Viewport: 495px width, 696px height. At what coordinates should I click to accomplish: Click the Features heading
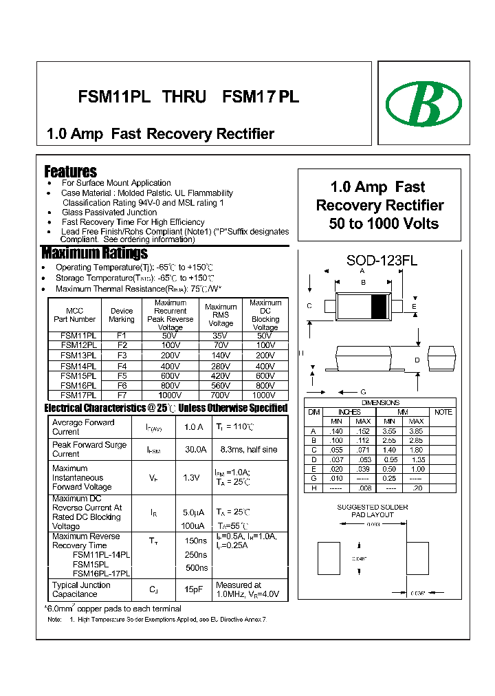pyautogui.click(x=70, y=171)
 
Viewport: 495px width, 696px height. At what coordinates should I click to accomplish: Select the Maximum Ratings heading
pyautogui.click(x=94, y=252)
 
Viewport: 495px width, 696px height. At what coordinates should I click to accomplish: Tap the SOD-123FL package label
pyautogui.click(x=382, y=261)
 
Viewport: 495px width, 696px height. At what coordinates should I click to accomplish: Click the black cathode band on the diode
pyautogui.click(x=379, y=305)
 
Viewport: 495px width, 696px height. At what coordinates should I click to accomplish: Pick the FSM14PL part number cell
pyautogui.click(x=78, y=367)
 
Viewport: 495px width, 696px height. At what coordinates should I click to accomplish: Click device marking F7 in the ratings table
pyautogui.click(x=122, y=395)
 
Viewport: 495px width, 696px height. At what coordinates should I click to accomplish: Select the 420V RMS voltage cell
pyautogui.click(x=221, y=376)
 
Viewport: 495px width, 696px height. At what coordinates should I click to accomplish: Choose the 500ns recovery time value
pyautogui.click(x=197, y=568)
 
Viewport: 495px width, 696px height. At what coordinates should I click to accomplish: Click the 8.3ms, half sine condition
pyautogui.click(x=250, y=449)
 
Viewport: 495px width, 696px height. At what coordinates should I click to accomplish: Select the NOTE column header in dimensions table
pyautogui.click(x=443, y=412)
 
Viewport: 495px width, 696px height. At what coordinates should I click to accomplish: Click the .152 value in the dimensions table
pyautogui.click(x=362, y=431)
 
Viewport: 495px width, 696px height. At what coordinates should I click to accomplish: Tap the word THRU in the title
pyautogui.click(x=184, y=97)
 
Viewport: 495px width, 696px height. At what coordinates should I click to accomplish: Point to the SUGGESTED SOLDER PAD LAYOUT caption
pyautogui.click(x=372, y=511)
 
